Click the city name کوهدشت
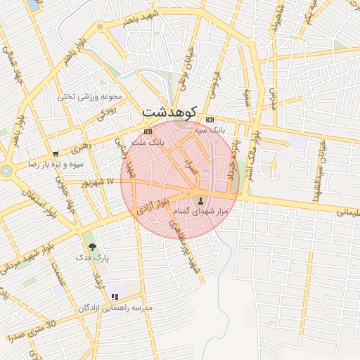point(172,111)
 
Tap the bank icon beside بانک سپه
point(210,120)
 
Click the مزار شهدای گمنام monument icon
point(197,199)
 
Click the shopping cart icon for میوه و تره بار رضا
point(56,153)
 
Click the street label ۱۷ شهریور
point(95,182)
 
